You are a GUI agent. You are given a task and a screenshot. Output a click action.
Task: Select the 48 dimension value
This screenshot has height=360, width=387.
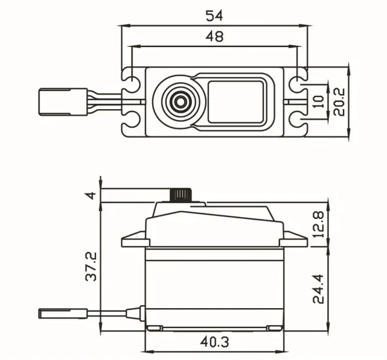click(214, 36)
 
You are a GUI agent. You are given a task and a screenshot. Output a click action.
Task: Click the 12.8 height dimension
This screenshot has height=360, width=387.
click(320, 224)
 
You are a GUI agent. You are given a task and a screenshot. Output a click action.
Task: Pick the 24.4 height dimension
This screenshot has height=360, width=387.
click(320, 289)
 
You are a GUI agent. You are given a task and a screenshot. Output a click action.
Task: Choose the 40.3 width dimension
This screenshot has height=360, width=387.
click(214, 342)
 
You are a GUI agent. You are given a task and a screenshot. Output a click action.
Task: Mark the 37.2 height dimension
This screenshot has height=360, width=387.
click(91, 266)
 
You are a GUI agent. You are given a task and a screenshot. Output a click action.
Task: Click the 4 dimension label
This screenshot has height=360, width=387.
click(91, 195)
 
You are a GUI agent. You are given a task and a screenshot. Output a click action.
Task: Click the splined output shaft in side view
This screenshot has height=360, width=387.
click(181, 195)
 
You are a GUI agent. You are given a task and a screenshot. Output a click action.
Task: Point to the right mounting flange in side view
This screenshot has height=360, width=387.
click(295, 241)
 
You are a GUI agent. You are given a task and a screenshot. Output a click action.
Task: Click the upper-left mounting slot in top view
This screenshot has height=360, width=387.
click(129, 79)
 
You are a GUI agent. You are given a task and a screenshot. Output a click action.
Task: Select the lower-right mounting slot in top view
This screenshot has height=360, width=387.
click(298, 123)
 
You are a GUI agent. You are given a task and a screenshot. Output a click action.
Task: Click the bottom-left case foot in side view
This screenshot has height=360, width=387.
click(155, 328)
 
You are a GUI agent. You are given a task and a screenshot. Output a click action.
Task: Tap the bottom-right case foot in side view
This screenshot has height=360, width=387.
click(275, 328)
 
